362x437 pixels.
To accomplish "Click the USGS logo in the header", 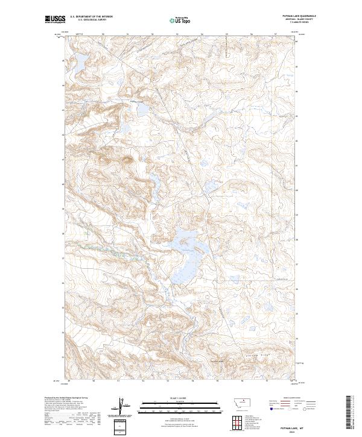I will click(x=54, y=20).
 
